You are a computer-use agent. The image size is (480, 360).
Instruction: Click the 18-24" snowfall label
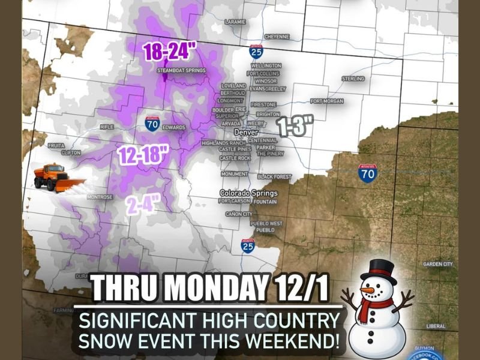point(170,52)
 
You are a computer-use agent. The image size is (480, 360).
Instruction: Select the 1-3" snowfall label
point(295,127)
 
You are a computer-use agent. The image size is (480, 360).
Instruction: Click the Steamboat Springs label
point(181,70)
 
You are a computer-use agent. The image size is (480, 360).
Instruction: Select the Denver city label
point(245,131)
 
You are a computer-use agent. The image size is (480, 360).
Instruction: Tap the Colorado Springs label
point(248,193)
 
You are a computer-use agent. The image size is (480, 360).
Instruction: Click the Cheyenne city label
point(277,37)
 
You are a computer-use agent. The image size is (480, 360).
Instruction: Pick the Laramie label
point(235,22)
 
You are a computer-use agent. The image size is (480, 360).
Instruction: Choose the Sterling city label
point(353,79)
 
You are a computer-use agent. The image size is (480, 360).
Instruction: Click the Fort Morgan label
point(327,101)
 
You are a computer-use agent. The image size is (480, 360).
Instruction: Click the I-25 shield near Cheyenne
point(256,51)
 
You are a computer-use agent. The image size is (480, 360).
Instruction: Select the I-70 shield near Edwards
point(152,124)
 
